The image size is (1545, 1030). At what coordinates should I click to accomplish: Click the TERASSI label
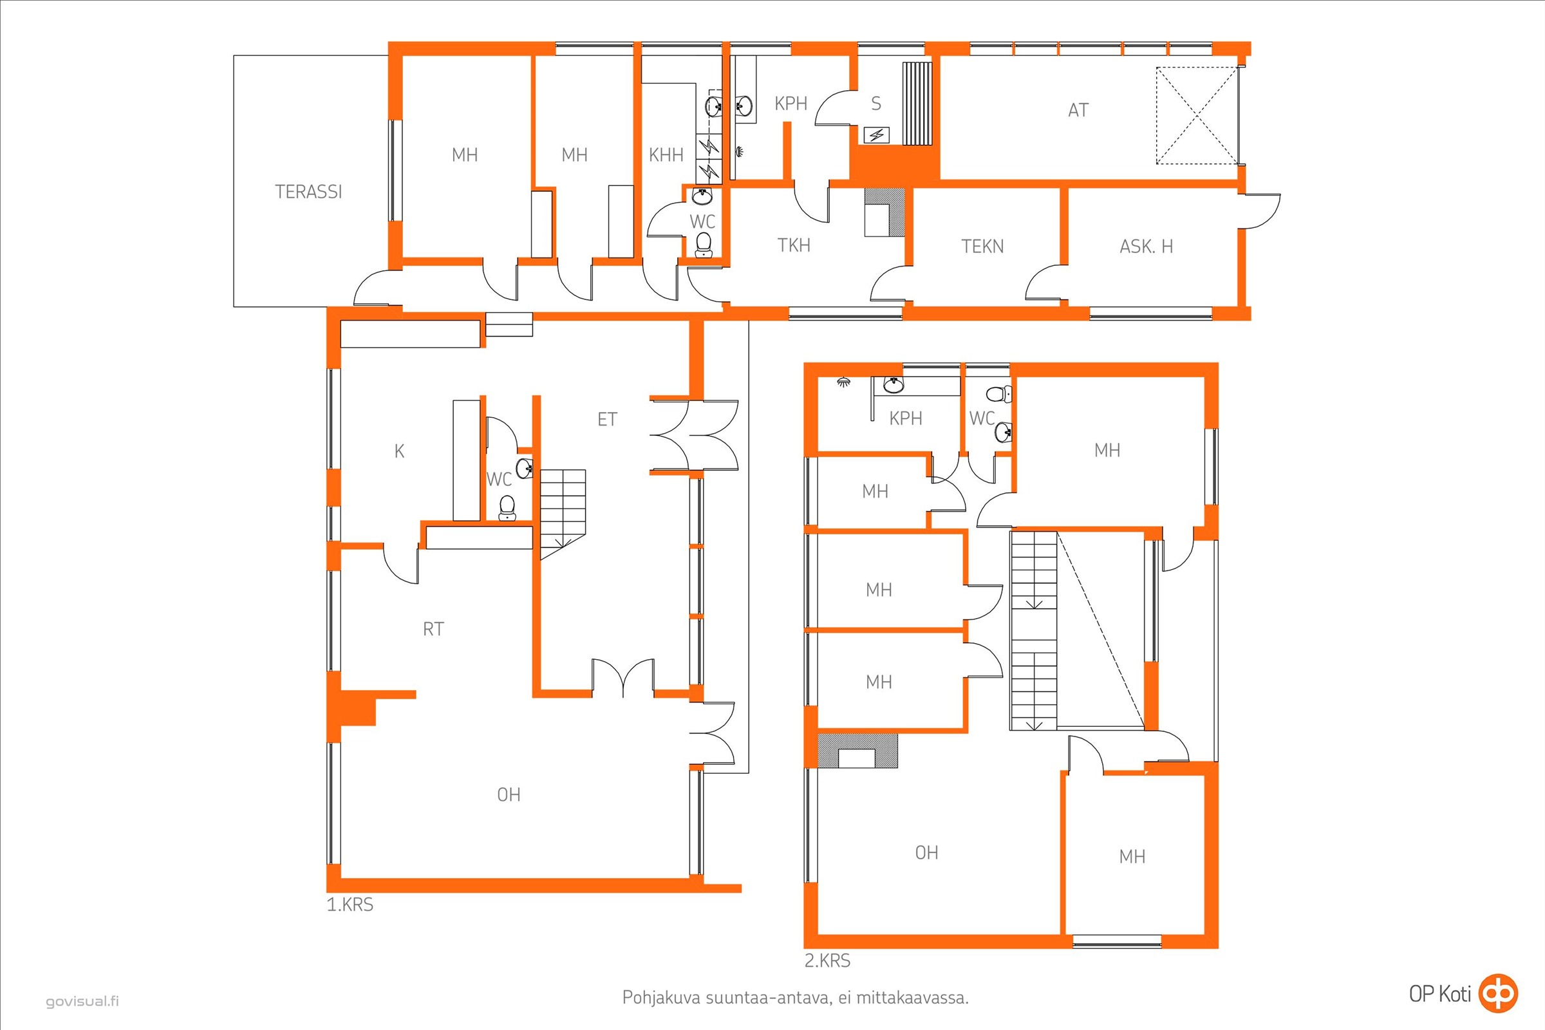308,192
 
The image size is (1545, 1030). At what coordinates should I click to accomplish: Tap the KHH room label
666,155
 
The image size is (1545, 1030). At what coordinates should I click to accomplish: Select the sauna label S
876,103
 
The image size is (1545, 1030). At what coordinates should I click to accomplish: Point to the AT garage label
1078,109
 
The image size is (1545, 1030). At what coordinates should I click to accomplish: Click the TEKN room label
983,247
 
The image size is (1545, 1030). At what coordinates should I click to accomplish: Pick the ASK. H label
1147,247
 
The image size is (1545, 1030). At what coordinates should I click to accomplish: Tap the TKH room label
794,246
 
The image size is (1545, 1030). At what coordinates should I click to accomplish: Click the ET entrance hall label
607,419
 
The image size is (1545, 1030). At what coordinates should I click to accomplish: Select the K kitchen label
399,451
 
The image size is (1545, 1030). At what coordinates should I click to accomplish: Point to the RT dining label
433,630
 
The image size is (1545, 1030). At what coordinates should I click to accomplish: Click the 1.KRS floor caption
350,904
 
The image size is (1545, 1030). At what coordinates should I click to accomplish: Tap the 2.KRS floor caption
827,960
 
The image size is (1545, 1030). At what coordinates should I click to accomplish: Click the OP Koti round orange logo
1498,993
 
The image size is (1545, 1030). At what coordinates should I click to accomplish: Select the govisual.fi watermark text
82,1002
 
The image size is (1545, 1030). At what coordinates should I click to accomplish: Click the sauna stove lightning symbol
876,135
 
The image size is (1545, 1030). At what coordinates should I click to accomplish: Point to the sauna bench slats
917,103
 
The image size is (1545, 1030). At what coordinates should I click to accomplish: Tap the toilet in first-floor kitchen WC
507,508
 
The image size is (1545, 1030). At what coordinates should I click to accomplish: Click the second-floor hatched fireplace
857,750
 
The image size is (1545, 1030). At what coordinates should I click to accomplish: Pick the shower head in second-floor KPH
843,382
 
